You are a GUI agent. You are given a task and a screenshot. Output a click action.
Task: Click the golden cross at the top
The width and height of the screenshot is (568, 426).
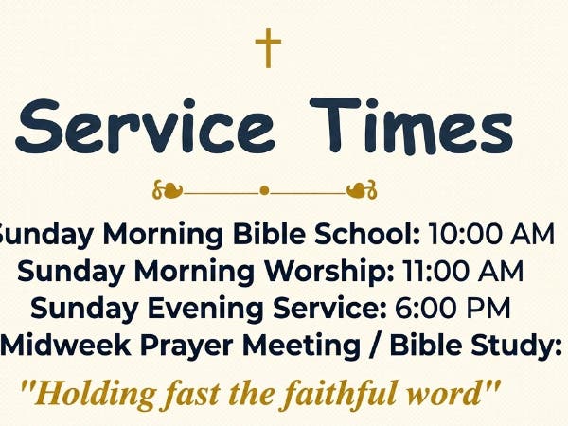(269, 47)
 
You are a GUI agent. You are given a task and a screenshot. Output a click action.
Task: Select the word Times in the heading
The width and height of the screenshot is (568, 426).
(412, 128)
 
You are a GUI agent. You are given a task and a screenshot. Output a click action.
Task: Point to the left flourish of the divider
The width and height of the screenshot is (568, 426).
(168, 190)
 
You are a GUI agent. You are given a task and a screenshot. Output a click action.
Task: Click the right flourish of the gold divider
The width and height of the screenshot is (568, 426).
(362, 190)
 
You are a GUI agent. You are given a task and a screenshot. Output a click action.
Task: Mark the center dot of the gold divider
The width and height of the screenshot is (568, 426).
(264, 190)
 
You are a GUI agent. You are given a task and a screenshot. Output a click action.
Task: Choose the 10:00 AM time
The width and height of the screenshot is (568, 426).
(490, 235)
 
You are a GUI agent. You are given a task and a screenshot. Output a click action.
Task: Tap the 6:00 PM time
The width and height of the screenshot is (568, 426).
(449, 309)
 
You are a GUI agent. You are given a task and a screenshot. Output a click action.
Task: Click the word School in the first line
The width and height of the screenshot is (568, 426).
(370, 235)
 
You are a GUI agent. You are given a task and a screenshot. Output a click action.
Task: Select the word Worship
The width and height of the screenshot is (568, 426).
(330, 272)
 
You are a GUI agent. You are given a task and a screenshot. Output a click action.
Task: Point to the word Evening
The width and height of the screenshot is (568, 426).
(221, 309)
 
